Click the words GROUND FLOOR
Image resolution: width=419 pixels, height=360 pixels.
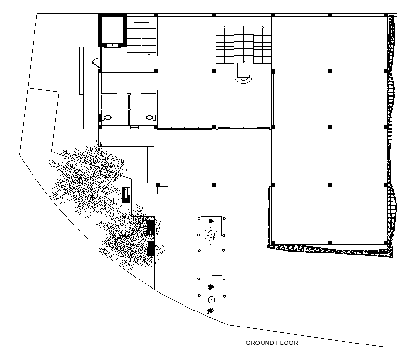coord(271,343)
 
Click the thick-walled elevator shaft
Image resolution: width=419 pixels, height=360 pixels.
coord(113,30)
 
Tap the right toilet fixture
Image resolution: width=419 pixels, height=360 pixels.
coord(151,117)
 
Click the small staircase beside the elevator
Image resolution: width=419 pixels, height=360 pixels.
coord(143,37)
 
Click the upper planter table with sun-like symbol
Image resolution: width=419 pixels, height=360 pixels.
coord(211,235)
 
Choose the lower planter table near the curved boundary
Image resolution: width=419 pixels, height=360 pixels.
coord(211,298)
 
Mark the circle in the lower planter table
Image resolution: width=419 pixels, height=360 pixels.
coord(211,299)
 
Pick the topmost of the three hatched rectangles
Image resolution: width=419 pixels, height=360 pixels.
coord(126,195)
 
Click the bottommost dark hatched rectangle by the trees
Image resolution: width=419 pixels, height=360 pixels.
coord(151,248)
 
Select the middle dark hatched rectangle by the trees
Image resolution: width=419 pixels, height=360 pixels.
coord(151,227)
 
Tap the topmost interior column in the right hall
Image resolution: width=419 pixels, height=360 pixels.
coord(330,71)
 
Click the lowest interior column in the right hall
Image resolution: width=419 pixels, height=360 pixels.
coord(330,185)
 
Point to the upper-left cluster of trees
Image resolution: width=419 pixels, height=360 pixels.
coord(87,170)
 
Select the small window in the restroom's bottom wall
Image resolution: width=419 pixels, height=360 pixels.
coord(135,127)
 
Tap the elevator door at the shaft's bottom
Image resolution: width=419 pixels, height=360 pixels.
coord(113,45)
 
